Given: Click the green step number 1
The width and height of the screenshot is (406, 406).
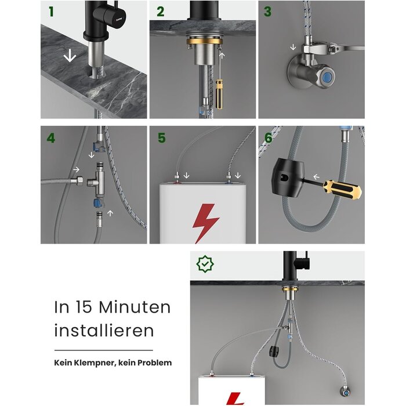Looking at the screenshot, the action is (51, 12).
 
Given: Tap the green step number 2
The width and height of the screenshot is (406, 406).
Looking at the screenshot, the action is (161, 12).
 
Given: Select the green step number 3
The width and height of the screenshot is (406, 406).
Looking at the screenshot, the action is (267, 12).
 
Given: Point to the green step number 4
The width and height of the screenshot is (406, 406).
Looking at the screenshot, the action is (51, 138).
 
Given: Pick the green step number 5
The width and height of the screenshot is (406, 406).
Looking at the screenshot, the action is (162, 138).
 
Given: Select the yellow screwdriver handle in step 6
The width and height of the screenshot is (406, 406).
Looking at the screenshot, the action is (342, 189).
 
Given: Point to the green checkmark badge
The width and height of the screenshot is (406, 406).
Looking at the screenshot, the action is (205, 264).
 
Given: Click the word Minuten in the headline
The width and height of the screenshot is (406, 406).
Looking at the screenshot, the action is (135, 307).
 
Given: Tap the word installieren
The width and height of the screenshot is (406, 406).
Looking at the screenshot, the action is (104, 330).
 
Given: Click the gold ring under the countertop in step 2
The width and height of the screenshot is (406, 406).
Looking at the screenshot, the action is (204, 41).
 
